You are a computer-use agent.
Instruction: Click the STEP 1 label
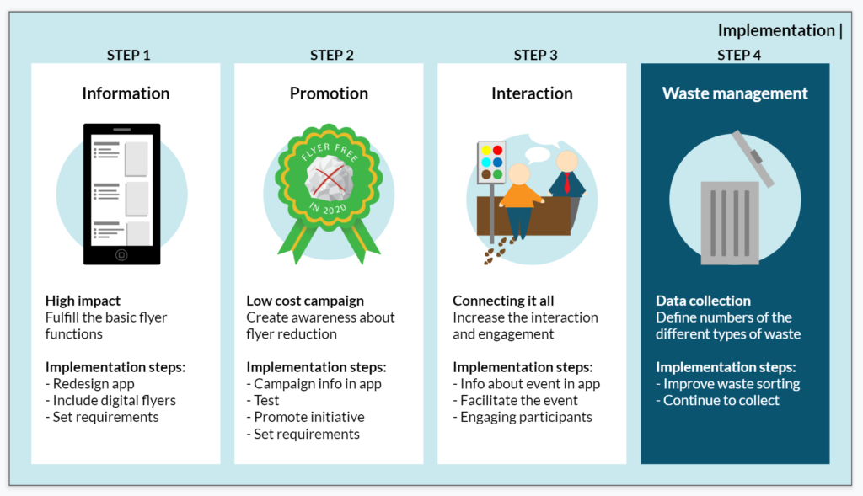128,55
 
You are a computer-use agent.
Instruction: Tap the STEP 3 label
535,55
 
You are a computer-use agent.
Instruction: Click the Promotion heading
330,93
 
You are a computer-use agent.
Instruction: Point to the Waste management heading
735,93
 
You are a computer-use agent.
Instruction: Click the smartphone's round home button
121,254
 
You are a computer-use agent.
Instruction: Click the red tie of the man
567,183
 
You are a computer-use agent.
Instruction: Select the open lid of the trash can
753,157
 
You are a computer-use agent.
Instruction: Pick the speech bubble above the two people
538,154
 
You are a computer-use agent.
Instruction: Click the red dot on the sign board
497,150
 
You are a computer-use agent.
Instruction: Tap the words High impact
83,301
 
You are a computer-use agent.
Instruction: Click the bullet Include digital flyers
110,400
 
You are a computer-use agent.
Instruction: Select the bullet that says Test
263,400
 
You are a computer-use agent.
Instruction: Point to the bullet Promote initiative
305,418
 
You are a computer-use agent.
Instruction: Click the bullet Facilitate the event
515,400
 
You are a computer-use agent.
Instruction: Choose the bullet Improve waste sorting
727,384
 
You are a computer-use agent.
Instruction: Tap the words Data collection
703,301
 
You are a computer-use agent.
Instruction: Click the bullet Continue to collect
717,400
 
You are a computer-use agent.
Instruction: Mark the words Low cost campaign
305,301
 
